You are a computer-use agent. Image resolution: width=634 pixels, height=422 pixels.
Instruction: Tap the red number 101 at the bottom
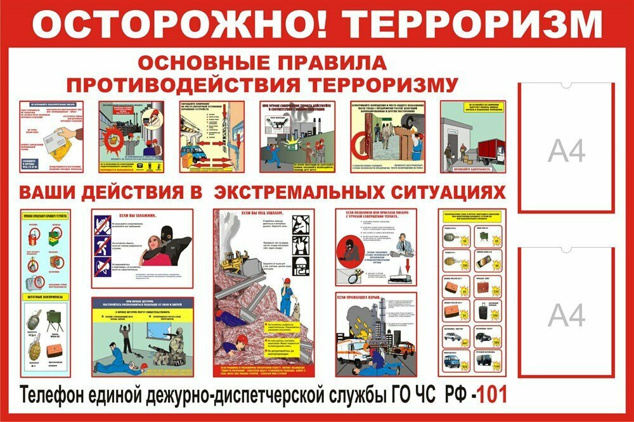pyautogui.click(x=492, y=395)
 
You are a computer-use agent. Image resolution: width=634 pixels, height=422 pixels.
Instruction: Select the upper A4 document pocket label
pyautogui.click(x=566, y=151)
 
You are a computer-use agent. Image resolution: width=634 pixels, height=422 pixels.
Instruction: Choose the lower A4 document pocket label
pyautogui.click(x=566, y=315)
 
